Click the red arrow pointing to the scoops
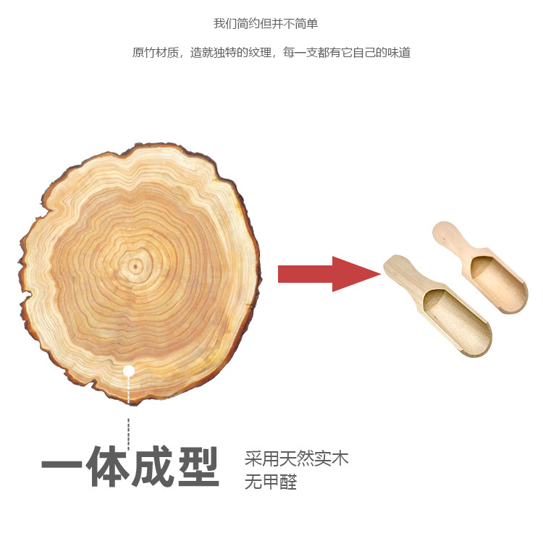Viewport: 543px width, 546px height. point(326,274)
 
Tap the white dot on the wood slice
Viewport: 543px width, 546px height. point(129,371)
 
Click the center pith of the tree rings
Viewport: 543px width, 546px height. point(135,266)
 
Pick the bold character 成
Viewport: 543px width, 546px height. point(152,466)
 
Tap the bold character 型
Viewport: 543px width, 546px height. point(197,466)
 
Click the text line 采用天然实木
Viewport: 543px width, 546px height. point(296,458)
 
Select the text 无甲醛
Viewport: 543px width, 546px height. point(270,482)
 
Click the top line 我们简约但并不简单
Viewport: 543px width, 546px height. point(266,23)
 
